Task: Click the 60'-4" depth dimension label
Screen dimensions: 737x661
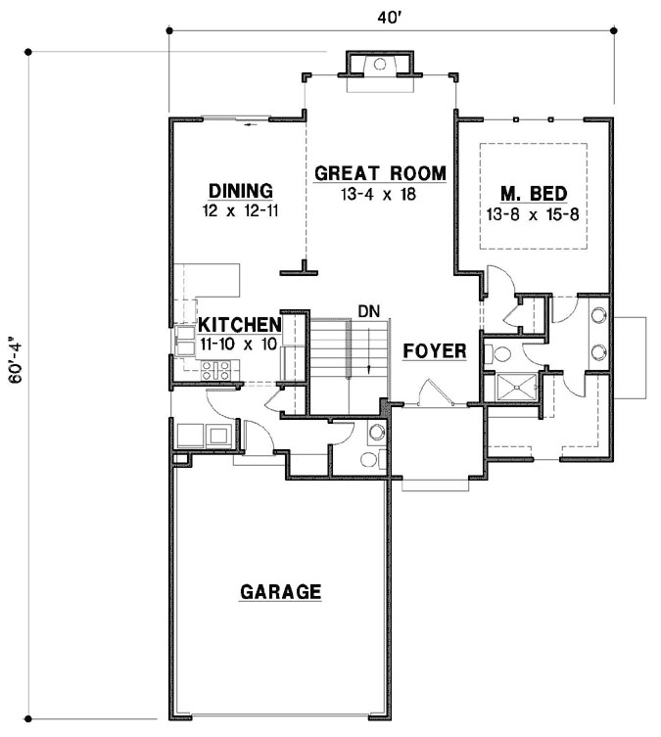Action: tap(15, 376)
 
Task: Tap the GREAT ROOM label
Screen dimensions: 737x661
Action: tap(380, 174)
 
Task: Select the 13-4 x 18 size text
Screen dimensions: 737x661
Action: tap(380, 194)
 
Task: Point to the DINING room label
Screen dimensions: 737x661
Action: tap(239, 190)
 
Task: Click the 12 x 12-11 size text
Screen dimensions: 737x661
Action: tap(239, 209)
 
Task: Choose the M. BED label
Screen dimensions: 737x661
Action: tap(532, 193)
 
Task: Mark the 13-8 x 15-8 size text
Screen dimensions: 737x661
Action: tap(532, 212)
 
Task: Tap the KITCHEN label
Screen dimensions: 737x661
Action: tap(240, 325)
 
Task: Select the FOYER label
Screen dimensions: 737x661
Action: tap(434, 350)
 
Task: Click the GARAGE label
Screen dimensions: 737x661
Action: tap(281, 591)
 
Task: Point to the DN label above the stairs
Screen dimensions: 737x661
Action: tap(368, 311)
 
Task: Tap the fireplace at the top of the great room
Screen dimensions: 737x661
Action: tap(380, 65)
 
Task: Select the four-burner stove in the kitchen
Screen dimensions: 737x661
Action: tap(216, 370)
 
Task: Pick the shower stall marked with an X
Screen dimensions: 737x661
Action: tap(516, 388)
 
